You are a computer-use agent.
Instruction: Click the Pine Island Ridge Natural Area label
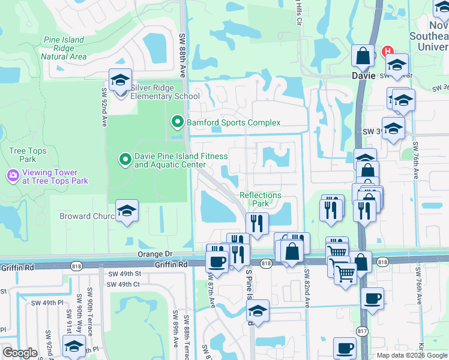coord(63,48)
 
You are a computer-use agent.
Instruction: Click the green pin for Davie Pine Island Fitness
coord(125,160)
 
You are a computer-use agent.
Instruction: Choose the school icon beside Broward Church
coord(127,211)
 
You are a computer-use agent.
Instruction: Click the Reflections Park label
coord(260,199)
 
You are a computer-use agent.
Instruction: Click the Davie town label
coord(363,76)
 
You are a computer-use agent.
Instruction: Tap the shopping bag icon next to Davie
coord(363,56)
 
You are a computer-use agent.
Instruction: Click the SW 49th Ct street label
coord(124,284)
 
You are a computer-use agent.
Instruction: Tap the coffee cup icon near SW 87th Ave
coord(217,260)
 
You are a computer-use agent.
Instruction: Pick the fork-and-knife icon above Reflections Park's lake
coord(257,224)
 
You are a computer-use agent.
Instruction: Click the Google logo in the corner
coord(20,353)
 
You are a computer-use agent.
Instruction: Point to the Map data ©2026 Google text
coord(412,355)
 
